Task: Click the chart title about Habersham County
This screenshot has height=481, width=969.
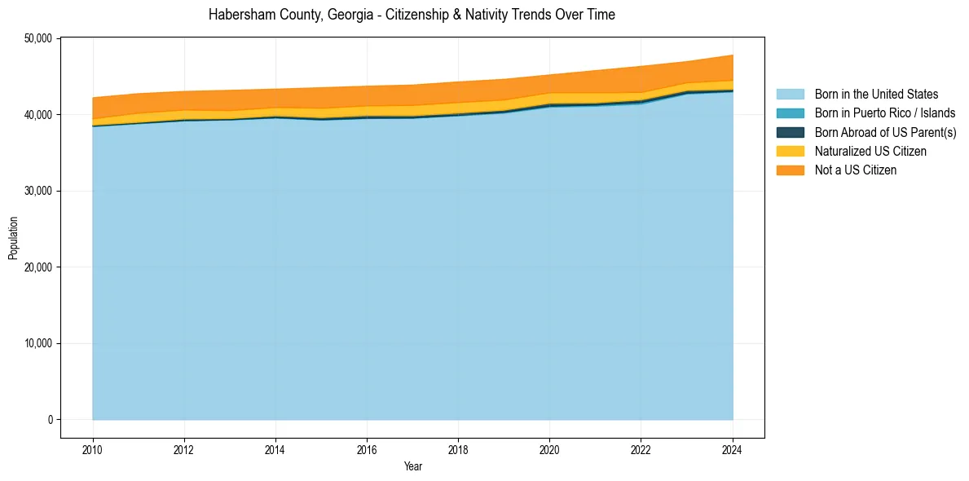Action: coord(412,15)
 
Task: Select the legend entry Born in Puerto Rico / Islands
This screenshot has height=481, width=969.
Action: coord(885,113)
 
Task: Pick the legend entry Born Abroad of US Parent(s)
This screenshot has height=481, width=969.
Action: coord(885,132)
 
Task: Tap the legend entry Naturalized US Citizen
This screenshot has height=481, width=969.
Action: coord(870,151)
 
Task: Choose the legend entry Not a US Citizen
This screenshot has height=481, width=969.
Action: coord(856,170)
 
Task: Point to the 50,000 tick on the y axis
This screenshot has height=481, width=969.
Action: coord(39,38)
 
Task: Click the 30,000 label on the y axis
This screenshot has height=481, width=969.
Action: coord(39,191)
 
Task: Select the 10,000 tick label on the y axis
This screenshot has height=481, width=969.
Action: coord(39,343)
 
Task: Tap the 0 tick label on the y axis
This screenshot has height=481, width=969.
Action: coord(50,420)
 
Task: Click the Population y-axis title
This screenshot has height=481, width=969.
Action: coord(13,237)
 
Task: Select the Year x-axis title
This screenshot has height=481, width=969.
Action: coord(413,466)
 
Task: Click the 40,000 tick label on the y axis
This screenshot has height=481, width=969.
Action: coord(39,115)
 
